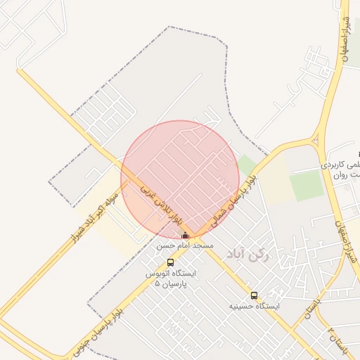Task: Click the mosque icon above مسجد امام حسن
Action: point(185,236)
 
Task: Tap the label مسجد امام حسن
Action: point(185,246)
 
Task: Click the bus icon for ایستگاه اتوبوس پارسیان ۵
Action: point(170,263)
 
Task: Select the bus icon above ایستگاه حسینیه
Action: point(254,296)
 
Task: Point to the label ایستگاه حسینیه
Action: point(254,307)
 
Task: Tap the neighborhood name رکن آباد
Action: point(248,253)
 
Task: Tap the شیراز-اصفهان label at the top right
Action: point(344,35)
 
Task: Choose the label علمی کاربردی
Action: point(341,164)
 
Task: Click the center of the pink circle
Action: point(180,179)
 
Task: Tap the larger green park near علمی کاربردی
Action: point(305,185)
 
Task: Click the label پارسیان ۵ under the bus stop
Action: point(170,285)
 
